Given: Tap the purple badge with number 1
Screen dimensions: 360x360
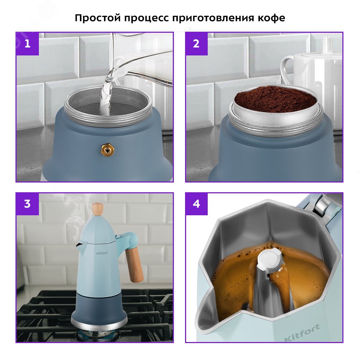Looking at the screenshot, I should (27, 44).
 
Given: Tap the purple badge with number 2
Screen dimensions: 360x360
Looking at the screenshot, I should (197, 44).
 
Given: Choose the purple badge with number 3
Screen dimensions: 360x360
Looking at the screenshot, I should (27, 204).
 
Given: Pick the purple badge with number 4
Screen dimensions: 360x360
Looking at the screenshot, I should (197, 204).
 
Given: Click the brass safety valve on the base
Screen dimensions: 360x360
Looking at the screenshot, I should (106, 148).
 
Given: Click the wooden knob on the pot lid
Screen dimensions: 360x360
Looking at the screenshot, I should (98, 210).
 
